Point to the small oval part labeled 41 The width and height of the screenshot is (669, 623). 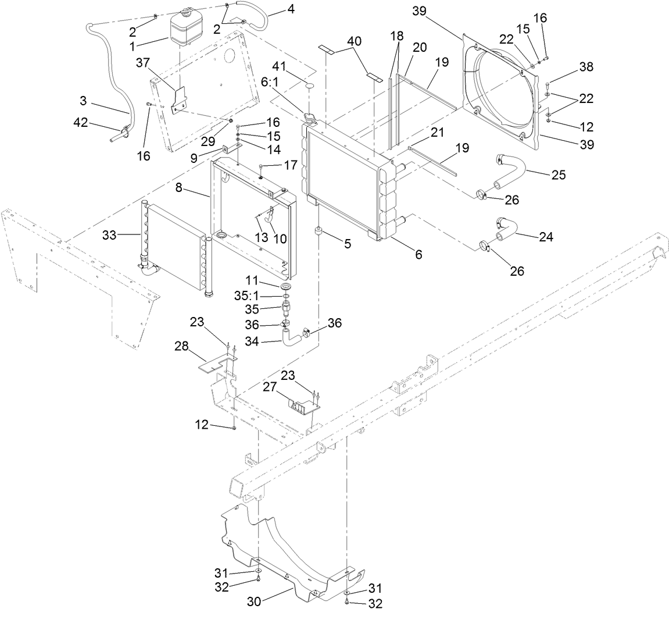tap(308, 86)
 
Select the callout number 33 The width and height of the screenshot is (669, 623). tap(109, 235)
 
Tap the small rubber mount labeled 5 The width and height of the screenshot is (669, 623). tap(320, 233)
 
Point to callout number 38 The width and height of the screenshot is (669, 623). tap(586, 67)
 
